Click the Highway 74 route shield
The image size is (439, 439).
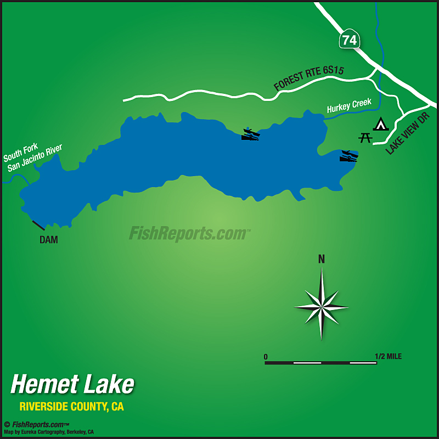tap(349, 40)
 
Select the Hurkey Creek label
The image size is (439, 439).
tap(349, 105)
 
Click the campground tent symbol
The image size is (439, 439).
tap(380, 124)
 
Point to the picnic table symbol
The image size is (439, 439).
tap(365, 137)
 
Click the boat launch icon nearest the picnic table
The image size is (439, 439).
tap(348, 156)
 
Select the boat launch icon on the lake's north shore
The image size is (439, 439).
tap(250, 134)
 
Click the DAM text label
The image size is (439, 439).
tap(49, 240)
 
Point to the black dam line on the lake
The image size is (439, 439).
tap(38, 225)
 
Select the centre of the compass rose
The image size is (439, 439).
tap(322, 306)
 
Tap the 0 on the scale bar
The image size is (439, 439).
tap(266, 357)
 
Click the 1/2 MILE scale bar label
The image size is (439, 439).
tap(389, 357)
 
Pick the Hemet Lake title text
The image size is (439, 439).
tap(72, 384)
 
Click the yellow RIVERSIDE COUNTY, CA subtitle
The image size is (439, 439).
tap(71, 407)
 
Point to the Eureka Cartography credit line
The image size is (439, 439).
tap(49, 432)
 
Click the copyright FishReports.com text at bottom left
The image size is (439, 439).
tap(37, 424)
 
